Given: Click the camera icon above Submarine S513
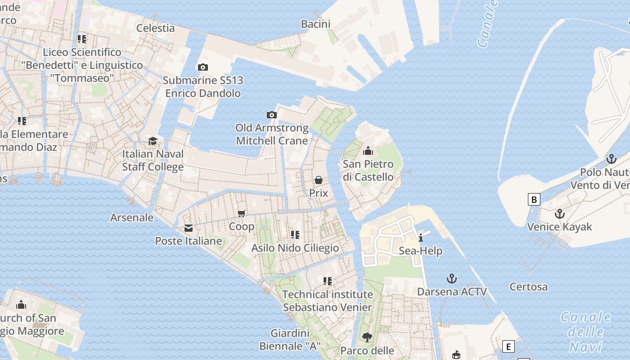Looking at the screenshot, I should pos(203,67).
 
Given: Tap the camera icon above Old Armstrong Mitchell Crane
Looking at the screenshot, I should pos(271,115).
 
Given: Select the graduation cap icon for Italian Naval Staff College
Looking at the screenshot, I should pos(153,141).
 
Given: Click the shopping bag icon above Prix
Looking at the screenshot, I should pos(319,180).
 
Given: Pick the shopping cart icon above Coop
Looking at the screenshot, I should pos(242,213).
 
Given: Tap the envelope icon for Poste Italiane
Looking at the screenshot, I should pos(189,228).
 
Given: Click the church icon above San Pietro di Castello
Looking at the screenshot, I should pos(368,151).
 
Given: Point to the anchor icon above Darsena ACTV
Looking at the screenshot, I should pos(452,279).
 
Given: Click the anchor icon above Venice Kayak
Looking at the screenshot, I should pos(559,214).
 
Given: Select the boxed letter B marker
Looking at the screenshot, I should pos(534,199).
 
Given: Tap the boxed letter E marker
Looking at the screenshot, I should pos(508,347).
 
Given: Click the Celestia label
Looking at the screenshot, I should pos(155,28).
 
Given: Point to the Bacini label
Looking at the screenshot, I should pos(315,24).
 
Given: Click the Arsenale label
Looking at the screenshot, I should pos(132,217).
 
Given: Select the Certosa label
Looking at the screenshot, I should pos(528,287).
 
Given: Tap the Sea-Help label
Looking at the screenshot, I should pos(420,251).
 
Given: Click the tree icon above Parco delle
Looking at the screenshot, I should pos(367,337).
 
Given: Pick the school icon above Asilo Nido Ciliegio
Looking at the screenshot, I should pos(295,235).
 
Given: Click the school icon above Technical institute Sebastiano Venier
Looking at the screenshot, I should pos(328,281).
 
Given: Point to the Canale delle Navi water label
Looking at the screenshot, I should pos(585,332).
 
